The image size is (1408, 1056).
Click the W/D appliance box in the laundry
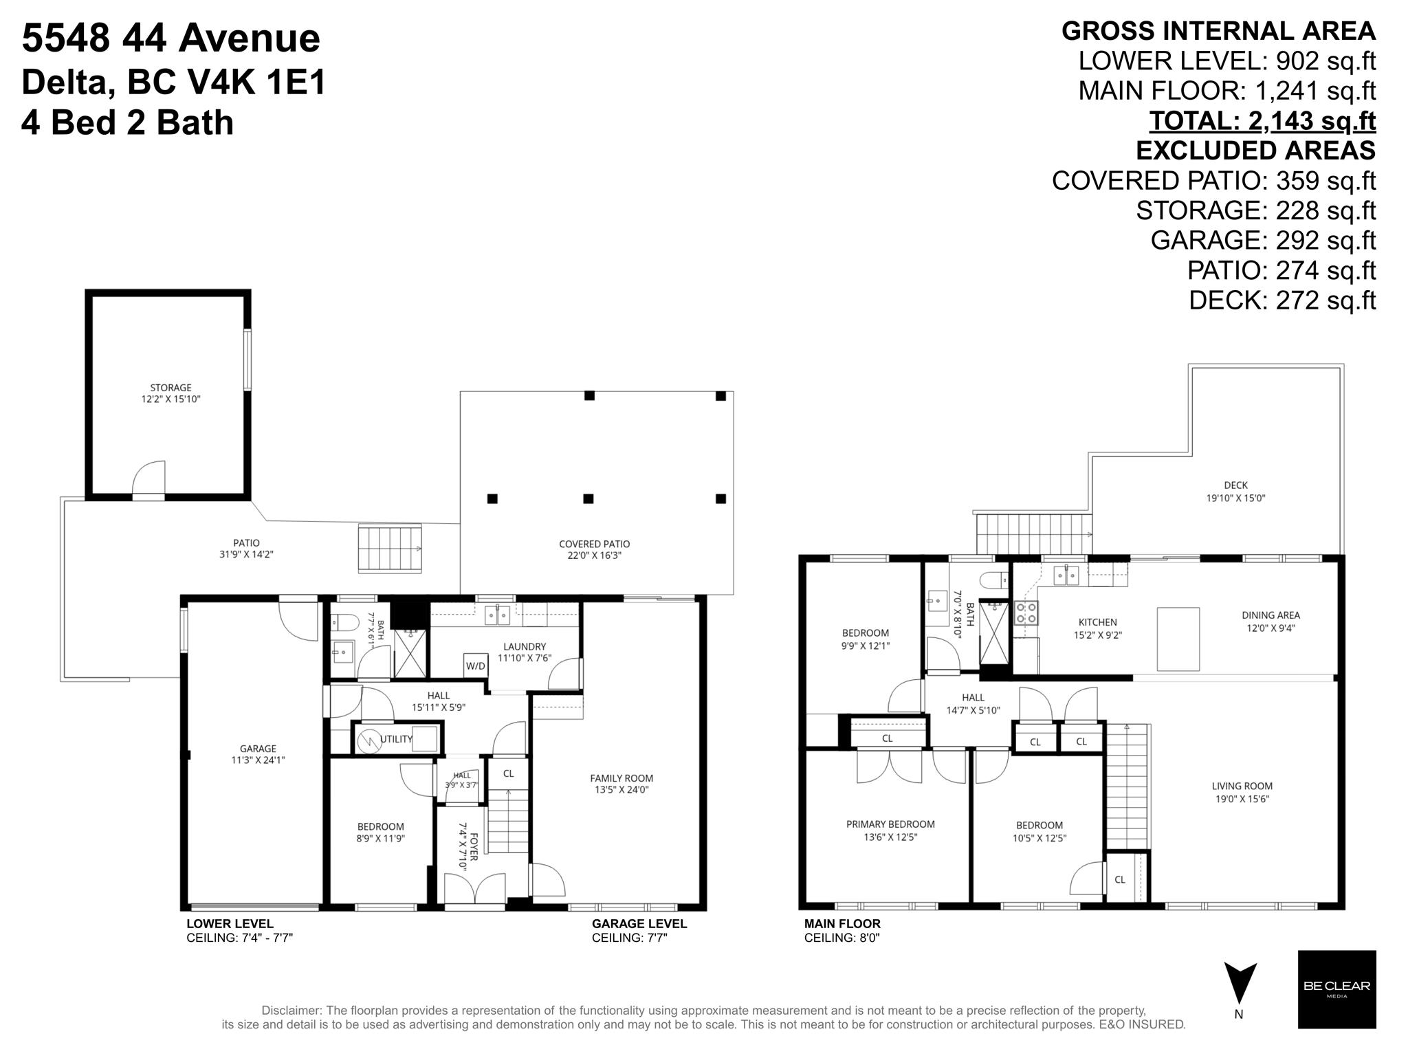[476, 665]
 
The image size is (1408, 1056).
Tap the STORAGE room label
[171, 387]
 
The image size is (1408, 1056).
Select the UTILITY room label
[396, 739]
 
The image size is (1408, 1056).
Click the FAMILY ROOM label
[621, 778]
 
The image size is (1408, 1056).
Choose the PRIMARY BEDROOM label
[890, 824]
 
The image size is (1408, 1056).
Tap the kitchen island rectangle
[1178, 639]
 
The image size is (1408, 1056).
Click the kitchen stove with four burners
[1026, 613]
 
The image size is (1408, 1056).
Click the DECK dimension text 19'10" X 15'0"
[1235, 498]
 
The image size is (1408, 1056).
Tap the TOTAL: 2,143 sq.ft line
[1263, 121]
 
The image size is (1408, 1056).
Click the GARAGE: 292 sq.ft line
[1263, 240]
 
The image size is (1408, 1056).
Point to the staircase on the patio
[390, 548]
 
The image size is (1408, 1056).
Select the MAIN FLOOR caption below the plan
[842, 924]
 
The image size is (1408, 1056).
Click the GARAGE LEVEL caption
[639, 924]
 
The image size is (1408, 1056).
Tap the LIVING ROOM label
[1242, 786]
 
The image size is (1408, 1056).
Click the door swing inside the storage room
[148, 478]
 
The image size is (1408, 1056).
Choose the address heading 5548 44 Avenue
[171, 38]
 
